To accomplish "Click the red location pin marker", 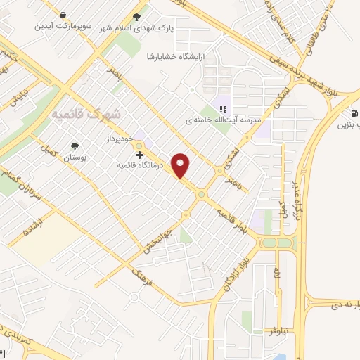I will tap(181, 165).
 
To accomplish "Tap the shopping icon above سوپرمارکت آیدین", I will tap(64, 15).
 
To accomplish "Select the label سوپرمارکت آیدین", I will tap(65, 26).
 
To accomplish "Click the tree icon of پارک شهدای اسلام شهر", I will tap(136, 16).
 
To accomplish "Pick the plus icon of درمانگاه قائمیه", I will tap(139, 154).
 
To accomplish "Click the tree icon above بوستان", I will tap(75, 147).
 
